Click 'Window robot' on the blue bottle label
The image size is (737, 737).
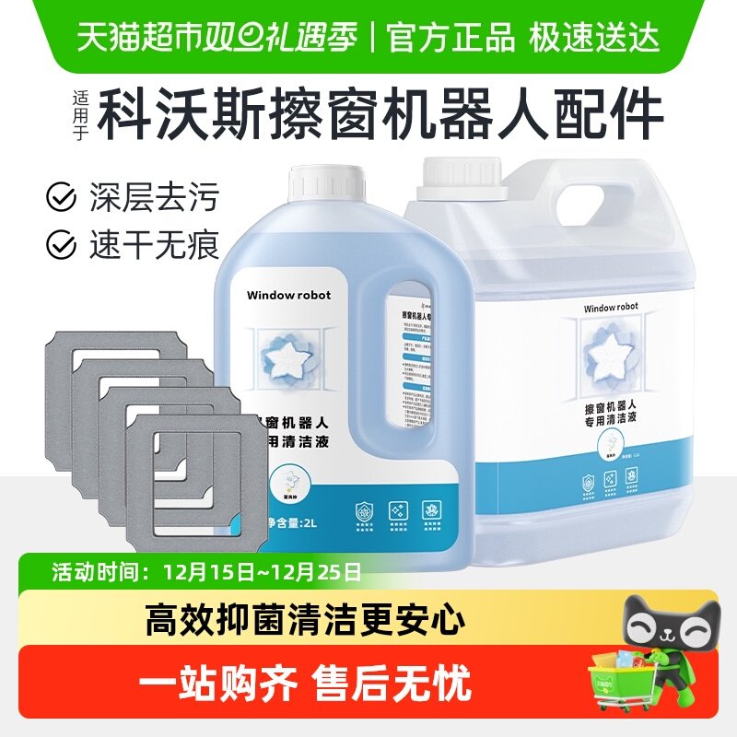[288, 295]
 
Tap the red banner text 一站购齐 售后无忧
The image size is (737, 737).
[305, 684]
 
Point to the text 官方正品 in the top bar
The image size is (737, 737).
[450, 37]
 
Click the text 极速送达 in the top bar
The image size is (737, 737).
[594, 37]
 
